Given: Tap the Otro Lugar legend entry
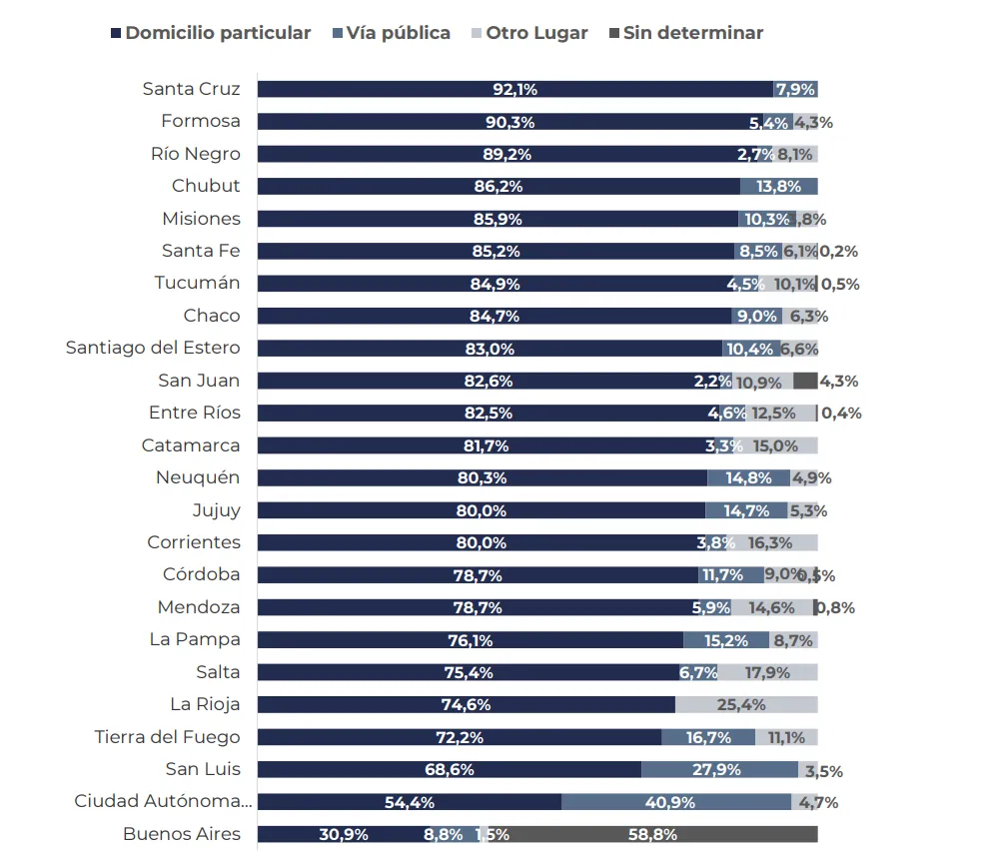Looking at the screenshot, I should [x=530, y=33].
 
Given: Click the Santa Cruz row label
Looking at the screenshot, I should [x=191, y=89].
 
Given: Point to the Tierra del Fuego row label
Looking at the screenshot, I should [x=167, y=737].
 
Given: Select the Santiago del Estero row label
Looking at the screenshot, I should [x=153, y=348].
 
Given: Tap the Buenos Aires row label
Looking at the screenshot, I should [x=182, y=834].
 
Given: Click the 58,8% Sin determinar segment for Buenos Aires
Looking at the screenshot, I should [x=652, y=834].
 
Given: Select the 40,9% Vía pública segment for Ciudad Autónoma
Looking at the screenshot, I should [x=676, y=802].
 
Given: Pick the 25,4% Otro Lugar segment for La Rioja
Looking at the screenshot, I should [x=746, y=705].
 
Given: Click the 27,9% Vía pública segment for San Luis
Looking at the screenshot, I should [x=719, y=770].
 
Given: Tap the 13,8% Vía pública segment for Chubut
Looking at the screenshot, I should [x=778, y=186].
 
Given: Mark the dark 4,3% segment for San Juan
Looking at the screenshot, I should [x=805, y=381].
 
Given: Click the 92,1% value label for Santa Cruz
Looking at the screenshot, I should [x=515, y=89].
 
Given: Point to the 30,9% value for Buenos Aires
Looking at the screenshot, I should [x=344, y=835].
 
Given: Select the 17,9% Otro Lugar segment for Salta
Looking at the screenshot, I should [x=767, y=672].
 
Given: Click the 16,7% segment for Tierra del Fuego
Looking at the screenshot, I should [x=708, y=737].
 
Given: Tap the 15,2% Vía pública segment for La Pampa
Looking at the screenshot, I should [x=726, y=640].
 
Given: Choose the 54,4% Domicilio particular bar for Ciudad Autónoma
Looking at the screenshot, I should [x=410, y=802].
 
